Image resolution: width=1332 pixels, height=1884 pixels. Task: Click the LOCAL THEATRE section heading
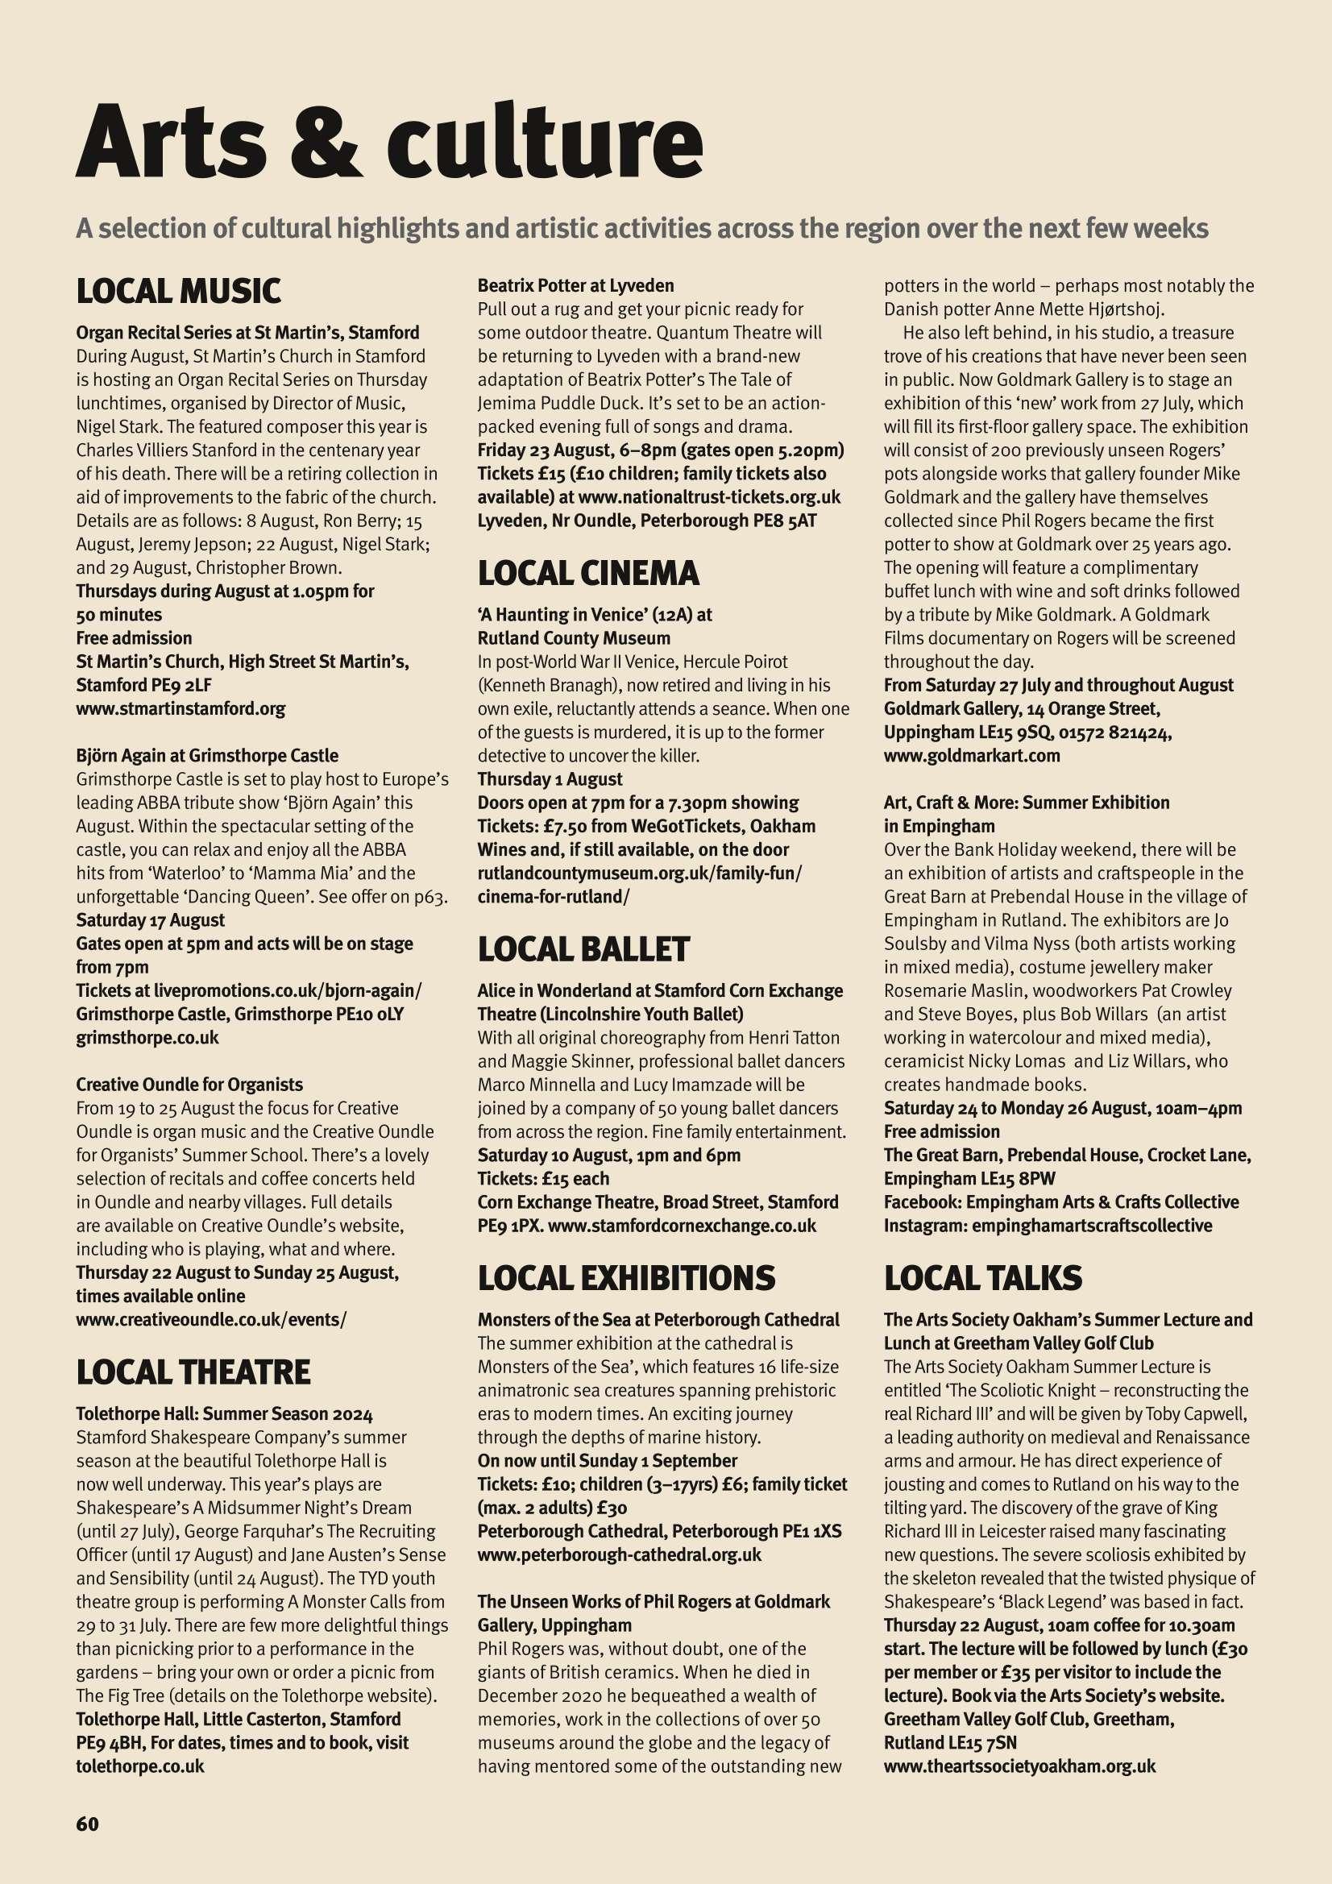point(193,1372)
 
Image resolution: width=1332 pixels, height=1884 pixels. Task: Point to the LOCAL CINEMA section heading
point(587,573)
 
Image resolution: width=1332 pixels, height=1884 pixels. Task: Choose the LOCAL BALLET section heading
point(583,948)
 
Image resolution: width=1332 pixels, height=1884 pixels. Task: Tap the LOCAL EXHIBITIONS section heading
point(625,1277)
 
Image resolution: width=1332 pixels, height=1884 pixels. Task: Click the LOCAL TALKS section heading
point(982,1277)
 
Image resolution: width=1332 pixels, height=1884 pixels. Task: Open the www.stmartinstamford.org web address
point(181,708)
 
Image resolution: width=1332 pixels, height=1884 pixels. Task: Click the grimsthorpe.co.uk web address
point(147,1036)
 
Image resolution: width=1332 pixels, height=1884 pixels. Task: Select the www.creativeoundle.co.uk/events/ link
point(211,1319)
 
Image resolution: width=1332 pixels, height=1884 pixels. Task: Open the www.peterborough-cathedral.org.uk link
point(619,1554)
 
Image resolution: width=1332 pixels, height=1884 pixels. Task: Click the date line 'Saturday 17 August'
point(150,920)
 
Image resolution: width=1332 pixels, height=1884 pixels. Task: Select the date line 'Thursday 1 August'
point(550,778)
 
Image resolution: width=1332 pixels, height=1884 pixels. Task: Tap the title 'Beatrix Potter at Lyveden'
point(575,285)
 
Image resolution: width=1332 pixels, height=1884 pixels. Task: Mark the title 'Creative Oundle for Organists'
point(189,1084)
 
